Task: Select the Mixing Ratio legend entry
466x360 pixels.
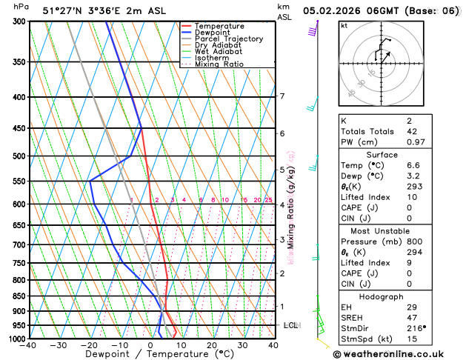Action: click(x=218, y=64)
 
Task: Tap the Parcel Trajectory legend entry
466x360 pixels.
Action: click(x=228, y=39)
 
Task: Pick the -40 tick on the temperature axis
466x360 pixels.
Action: click(x=29, y=345)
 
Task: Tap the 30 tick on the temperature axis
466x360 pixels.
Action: click(x=242, y=345)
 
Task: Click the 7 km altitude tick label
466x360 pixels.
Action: click(x=282, y=96)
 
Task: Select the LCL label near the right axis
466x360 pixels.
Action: click(x=290, y=325)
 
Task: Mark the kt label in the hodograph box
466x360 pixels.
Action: click(x=344, y=25)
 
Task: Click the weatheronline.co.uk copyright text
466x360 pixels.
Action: click(x=398, y=353)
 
